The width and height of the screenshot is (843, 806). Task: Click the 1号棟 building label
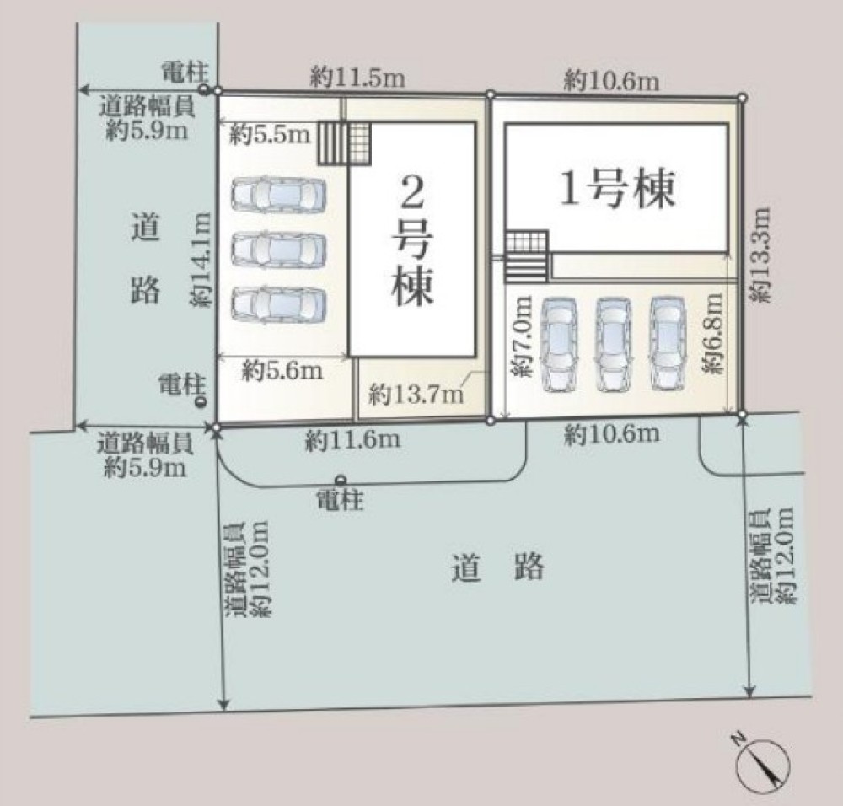[618, 190]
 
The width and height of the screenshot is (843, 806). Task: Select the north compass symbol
[763, 763]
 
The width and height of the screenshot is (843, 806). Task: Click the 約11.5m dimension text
[357, 78]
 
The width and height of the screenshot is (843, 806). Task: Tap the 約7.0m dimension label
[523, 336]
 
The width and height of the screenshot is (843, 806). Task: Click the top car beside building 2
[277, 196]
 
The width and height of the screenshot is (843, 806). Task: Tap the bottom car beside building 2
[277, 304]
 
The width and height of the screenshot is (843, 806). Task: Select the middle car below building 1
[614, 343]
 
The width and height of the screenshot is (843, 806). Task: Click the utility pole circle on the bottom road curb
[341, 479]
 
